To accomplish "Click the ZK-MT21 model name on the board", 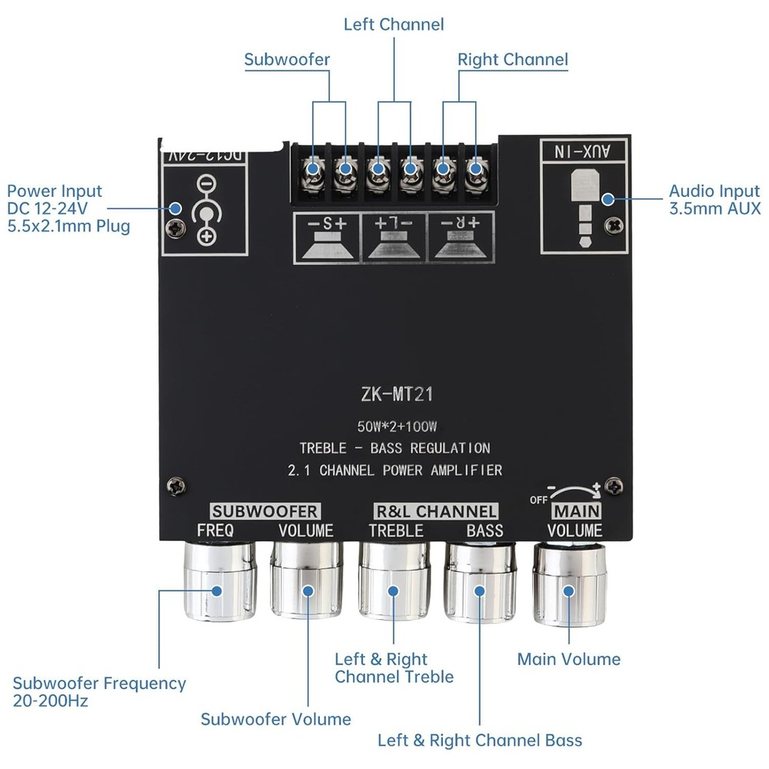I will pos(397,395).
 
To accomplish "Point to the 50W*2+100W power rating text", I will pos(397,426).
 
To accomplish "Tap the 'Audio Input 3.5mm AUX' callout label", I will pos(714,199).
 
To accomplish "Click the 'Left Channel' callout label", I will pos(394,25).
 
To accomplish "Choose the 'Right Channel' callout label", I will pos(513,59).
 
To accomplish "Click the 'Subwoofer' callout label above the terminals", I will pos(287,59).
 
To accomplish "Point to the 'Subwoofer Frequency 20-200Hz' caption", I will pos(99,691).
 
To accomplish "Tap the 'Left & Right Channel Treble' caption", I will pos(394,667).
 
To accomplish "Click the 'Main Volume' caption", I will pos(568,659).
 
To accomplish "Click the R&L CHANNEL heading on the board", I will pos(435,511).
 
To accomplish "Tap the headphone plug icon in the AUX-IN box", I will pos(582,200).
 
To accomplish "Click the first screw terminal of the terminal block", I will pos(313,168).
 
